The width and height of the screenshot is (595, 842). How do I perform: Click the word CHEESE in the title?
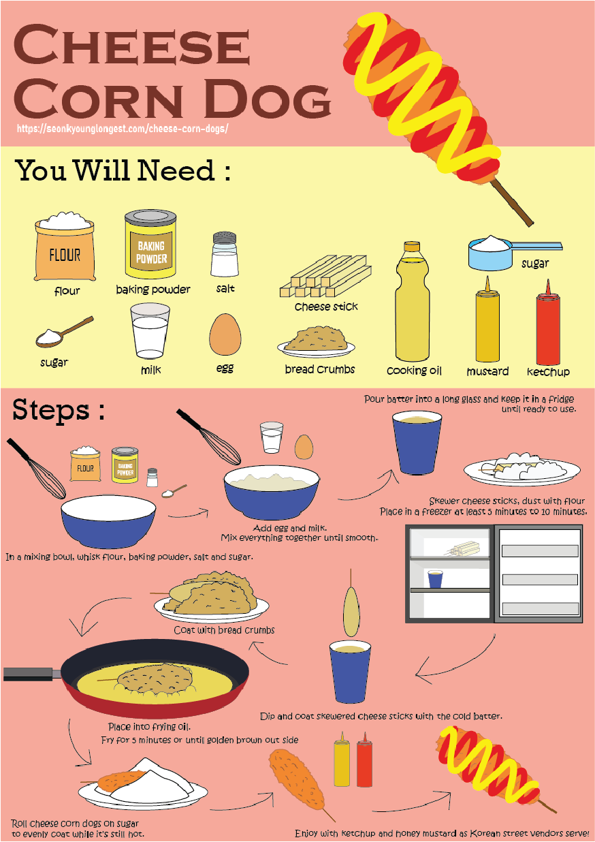click(x=131, y=44)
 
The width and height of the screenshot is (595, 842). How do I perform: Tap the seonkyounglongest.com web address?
click(x=123, y=129)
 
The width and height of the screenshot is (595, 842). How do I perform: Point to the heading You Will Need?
click(x=123, y=170)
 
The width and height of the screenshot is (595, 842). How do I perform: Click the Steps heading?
click(x=59, y=410)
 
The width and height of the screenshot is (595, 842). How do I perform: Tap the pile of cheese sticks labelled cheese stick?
click(x=325, y=276)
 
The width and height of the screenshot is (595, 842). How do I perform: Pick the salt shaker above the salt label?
click(x=225, y=254)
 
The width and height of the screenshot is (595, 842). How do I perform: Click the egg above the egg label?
click(x=225, y=334)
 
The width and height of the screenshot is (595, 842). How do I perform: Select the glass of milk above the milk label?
click(x=150, y=331)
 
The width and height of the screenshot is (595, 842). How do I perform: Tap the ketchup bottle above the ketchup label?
click(x=548, y=322)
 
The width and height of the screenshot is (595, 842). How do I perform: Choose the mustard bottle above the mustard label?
click(x=487, y=319)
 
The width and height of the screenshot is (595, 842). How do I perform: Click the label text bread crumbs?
click(x=320, y=369)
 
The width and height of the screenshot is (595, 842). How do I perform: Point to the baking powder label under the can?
click(x=153, y=290)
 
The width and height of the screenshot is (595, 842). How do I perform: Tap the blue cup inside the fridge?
click(x=435, y=579)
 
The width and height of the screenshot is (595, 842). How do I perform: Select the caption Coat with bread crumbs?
click(x=224, y=630)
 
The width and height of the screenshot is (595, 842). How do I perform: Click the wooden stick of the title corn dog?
click(x=513, y=202)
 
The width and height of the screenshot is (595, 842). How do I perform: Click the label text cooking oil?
click(x=414, y=371)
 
